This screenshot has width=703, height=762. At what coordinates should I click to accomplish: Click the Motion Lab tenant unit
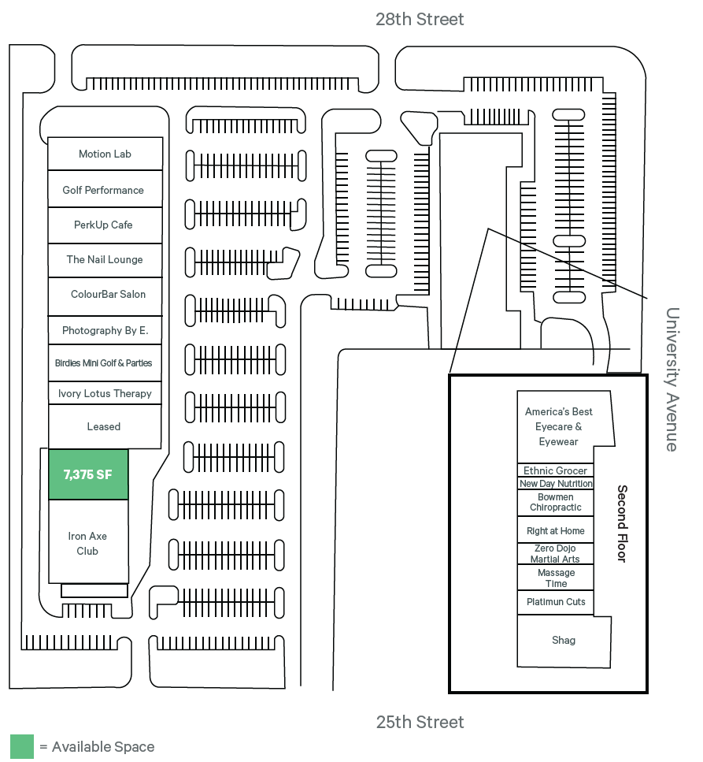(105, 154)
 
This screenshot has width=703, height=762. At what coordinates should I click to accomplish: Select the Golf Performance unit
(104, 190)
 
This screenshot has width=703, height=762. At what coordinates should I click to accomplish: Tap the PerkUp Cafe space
(104, 225)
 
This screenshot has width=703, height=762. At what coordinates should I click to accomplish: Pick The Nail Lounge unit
(105, 260)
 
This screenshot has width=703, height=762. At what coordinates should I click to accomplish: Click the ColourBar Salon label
(108, 295)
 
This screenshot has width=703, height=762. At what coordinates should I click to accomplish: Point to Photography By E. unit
(105, 331)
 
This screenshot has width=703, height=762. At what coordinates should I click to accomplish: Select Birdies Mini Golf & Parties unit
(104, 363)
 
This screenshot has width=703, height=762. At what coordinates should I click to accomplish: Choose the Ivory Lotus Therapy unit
(105, 393)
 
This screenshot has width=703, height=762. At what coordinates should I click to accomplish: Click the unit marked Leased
(104, 426)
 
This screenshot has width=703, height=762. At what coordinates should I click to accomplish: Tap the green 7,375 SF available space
(88, 474)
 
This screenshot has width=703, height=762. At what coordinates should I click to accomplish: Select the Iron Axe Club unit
(87, 543)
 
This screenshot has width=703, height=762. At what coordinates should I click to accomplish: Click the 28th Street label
(420, 19)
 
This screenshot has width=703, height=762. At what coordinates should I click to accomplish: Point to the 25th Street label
(420, 722)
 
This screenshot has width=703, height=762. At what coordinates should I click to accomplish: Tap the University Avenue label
(672, 379)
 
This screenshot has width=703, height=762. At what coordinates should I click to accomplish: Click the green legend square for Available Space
(22, 746)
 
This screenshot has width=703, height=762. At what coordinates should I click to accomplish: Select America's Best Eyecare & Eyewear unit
(559, 426)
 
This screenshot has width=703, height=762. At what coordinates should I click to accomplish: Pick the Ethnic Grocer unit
(555, 470)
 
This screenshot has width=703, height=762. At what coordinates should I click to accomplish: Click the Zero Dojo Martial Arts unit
(555, 553)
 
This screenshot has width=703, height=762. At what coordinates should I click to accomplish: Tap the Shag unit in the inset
(564, 641)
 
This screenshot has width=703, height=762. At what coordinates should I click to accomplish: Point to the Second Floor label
(622, 523)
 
